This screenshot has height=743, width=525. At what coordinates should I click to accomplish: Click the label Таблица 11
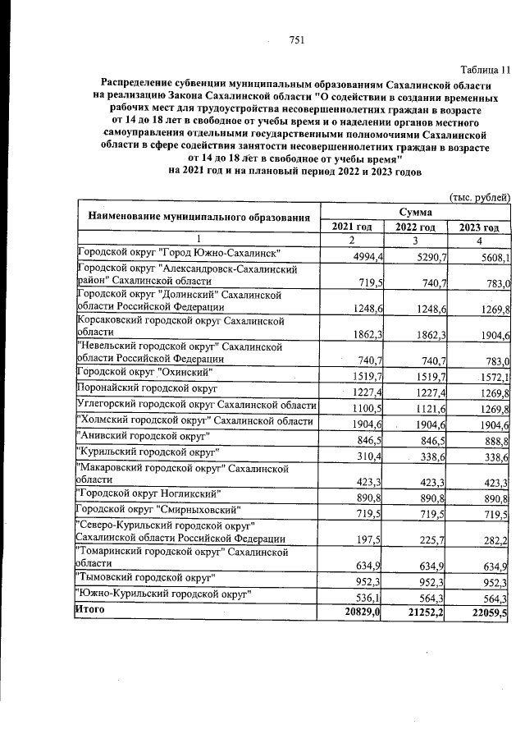[x=485, y=69]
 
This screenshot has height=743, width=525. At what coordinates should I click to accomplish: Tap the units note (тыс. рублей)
[x=482, y=197]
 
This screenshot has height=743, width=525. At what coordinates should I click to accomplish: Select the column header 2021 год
[x=352, y=227]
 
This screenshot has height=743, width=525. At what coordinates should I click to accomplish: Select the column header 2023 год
[x=479, y=227]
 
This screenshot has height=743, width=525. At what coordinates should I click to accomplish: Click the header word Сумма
[x=416, y=212]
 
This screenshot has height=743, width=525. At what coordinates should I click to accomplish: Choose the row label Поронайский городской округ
[x=146, y=387]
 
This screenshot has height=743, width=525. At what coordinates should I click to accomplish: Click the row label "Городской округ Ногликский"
[x=146, y=495]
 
